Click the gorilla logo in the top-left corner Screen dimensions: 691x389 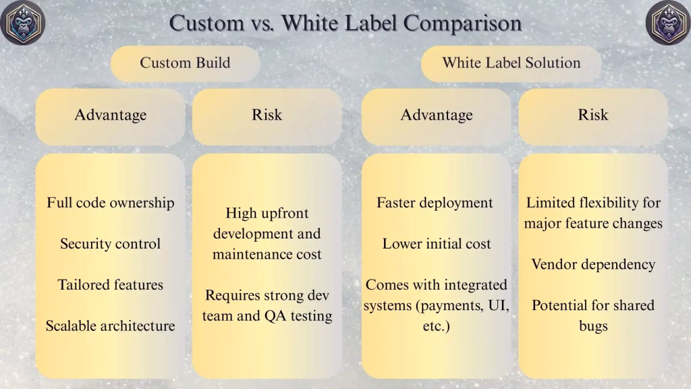23,22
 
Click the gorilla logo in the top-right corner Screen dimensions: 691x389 668,22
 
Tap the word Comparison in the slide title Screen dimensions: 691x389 462,23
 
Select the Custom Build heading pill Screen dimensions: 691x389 185,63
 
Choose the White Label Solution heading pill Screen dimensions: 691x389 512,63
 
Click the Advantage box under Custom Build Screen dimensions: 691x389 110,116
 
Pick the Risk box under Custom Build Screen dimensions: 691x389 267,116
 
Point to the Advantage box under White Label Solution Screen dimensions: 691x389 437,116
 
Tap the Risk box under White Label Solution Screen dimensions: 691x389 593,116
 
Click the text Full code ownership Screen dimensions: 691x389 111,203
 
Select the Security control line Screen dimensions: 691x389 110,244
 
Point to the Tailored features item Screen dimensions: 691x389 110,285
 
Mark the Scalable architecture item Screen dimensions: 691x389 110,326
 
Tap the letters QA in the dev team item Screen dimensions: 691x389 276,316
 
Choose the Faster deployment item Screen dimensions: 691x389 435,203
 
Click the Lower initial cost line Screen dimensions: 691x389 437,244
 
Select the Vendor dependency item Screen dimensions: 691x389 593,264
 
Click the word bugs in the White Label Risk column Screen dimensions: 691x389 593,326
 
